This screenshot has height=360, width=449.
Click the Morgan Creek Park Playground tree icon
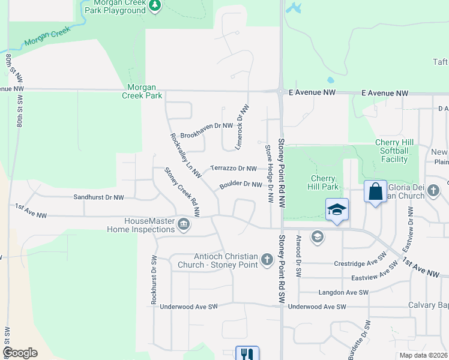pos(155,5)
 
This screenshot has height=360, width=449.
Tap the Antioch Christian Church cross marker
pos(268,260)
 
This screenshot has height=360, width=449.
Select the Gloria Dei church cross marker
pos(435,191)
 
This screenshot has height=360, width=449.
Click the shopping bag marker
pos(375,193)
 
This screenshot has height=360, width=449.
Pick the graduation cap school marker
pos(337,210)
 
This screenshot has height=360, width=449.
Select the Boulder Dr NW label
pos(241,185)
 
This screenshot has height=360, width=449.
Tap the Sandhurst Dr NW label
pos(98,197)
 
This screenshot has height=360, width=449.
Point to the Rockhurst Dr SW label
pos(154,277)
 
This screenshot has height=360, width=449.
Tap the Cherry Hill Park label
pos(325,182)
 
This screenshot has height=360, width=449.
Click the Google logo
pos(20,353)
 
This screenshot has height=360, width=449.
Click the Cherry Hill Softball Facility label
pos(391,151)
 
